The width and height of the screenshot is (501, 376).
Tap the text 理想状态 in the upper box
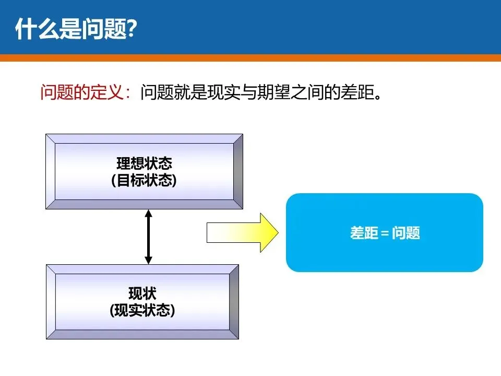(x=144, y=163)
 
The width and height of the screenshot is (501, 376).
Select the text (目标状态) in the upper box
(x=144, y=180)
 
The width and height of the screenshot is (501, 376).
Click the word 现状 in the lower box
(x=142, y=293)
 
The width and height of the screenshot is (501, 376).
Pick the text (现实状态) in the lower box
(x=142, y=310)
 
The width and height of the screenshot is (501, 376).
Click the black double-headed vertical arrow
(x=148, y=237)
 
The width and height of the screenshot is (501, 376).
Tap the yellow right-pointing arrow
(x=243, y=232)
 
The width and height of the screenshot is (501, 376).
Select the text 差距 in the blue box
(x=363, y=233)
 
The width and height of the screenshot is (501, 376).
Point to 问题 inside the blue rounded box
(x=406, y=233)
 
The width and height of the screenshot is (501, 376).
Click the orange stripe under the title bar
(x=250, y=58)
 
